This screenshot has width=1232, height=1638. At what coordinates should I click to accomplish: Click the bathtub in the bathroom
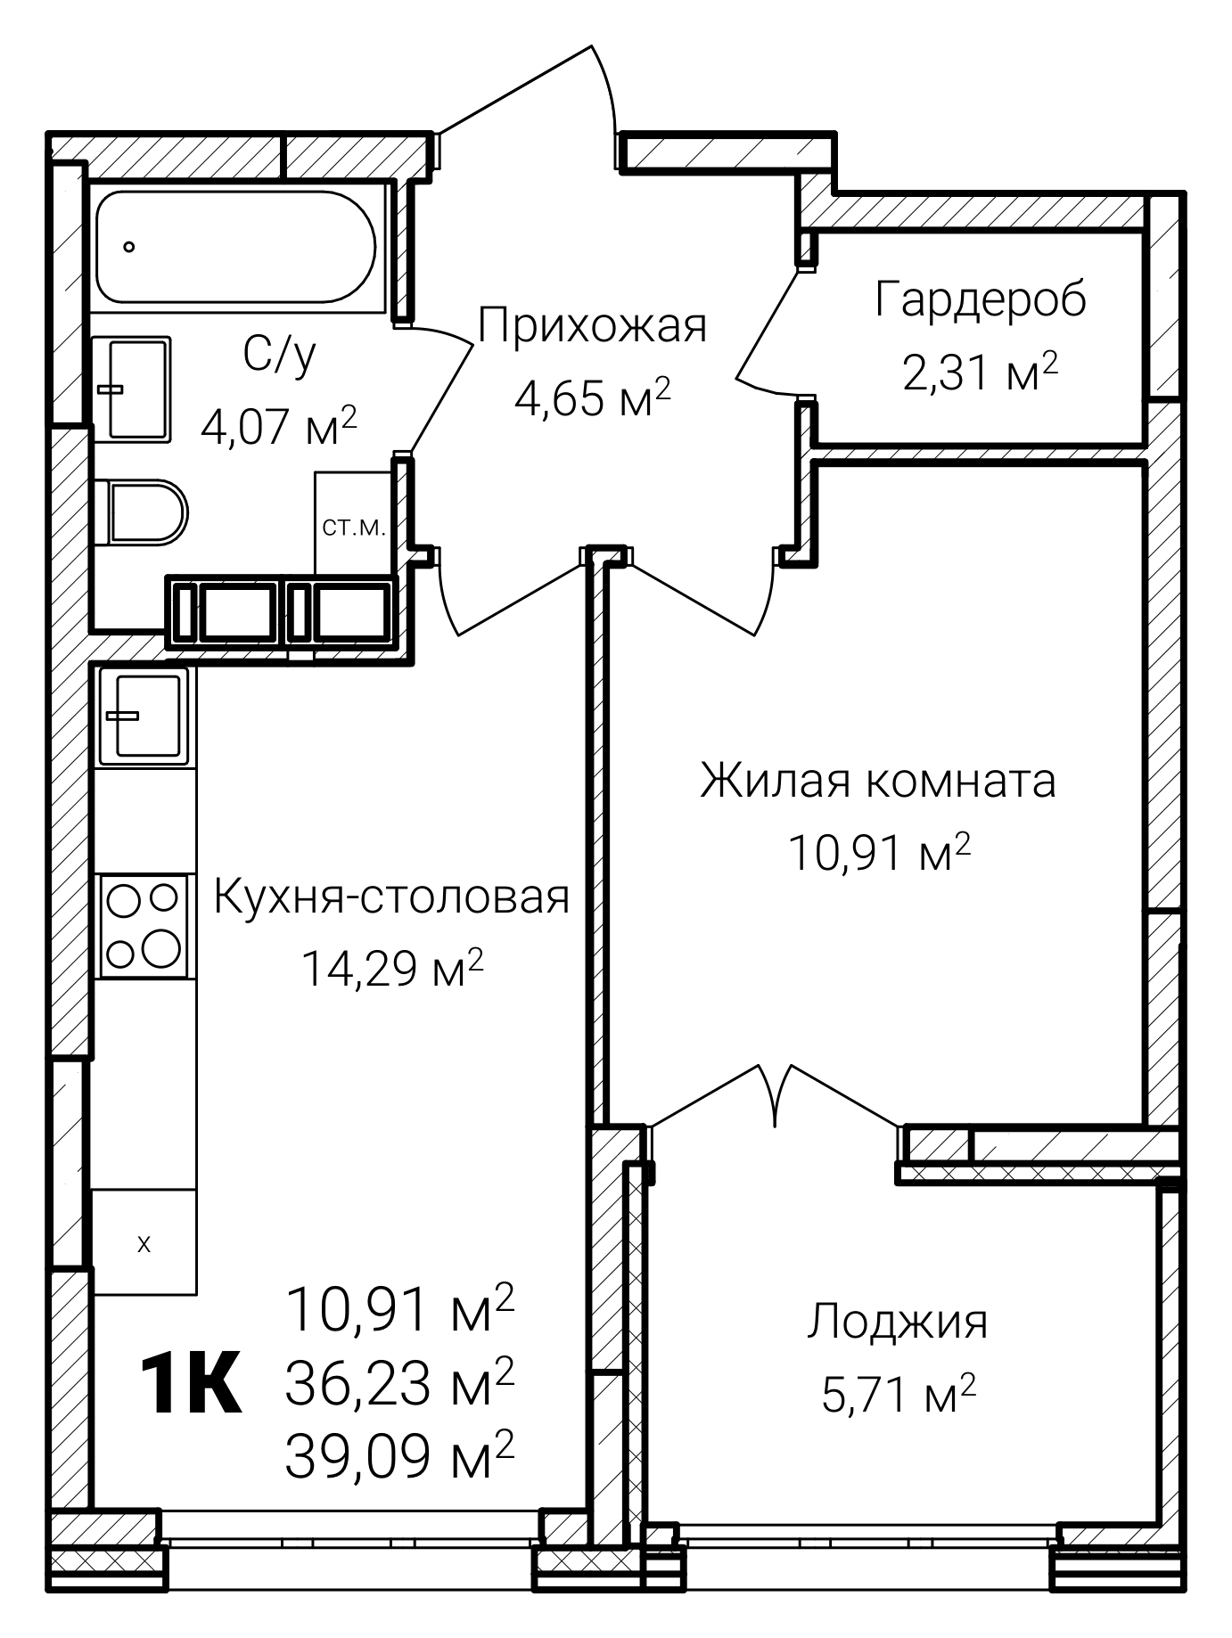[236, 247]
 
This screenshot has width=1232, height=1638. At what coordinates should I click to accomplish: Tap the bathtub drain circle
[130, 247]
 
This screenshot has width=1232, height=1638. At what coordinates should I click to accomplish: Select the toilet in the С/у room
[145, 512]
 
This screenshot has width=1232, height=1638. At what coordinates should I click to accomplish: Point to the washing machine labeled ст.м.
[354, 526]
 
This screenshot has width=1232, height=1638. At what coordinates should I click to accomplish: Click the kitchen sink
[144, 716]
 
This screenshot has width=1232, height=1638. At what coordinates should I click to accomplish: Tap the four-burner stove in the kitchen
[143, 926]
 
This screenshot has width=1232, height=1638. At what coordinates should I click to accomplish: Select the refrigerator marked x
[144, 1244]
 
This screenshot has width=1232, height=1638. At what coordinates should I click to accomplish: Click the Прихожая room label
[592, 326]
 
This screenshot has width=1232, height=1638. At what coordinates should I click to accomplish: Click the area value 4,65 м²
[592, 398]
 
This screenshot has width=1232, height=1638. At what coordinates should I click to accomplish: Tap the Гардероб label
[980, 299]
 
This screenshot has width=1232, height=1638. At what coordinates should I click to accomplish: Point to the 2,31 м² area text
[980, 372]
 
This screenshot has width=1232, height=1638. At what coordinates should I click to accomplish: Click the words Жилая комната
[877, 781]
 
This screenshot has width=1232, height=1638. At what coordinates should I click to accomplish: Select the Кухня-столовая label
[391, 897]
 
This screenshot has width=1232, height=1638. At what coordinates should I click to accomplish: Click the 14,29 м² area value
[392, 969]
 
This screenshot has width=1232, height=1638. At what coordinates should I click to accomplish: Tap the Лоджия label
[898, 1322]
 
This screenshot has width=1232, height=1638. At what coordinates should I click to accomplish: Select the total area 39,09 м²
[399, 1455]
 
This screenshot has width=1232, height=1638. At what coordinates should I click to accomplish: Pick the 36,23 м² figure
[399, 1383]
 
